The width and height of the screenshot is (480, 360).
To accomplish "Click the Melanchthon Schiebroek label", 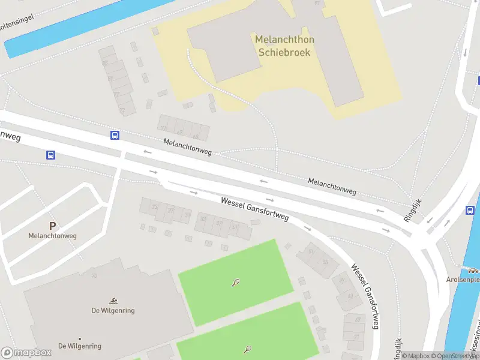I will [284, 46].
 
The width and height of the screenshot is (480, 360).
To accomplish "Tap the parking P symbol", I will [53, 226].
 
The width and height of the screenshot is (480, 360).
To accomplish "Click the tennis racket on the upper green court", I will [236, 283].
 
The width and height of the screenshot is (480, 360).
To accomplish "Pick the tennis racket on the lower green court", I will [247, 349].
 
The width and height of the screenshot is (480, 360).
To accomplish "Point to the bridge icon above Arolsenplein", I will [467, 268].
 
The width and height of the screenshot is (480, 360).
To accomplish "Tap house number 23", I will [155, 207].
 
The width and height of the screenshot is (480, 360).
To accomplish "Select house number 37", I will [220, 223].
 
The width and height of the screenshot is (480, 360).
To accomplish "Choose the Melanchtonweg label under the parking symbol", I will [52, 236].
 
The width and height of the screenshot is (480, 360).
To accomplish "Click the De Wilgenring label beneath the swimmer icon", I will [80, 346].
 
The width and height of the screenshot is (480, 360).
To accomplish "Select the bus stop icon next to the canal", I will [470, 210].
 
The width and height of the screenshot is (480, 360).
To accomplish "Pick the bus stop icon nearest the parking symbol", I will [50, 155].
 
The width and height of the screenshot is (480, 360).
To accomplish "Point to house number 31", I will [187, 215].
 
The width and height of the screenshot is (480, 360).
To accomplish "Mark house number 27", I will [172, 211].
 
